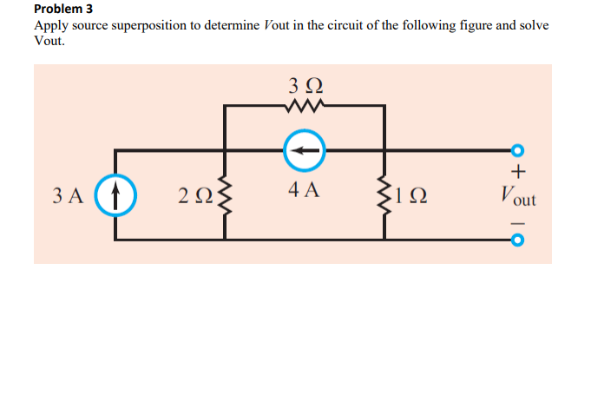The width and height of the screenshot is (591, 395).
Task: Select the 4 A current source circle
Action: coord(304,151)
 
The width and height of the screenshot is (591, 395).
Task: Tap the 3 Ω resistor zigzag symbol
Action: coord(304,107)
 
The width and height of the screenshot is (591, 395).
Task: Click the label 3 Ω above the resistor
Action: coord(304,85)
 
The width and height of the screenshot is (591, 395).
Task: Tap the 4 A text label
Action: coord(304,189)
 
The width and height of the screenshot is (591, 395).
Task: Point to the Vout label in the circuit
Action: coord(518,197)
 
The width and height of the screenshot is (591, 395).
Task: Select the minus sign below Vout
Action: coord(518,221)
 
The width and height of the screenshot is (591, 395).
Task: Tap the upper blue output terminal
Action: coord(519,150)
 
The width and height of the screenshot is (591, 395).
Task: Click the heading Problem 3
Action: coord(62,10)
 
